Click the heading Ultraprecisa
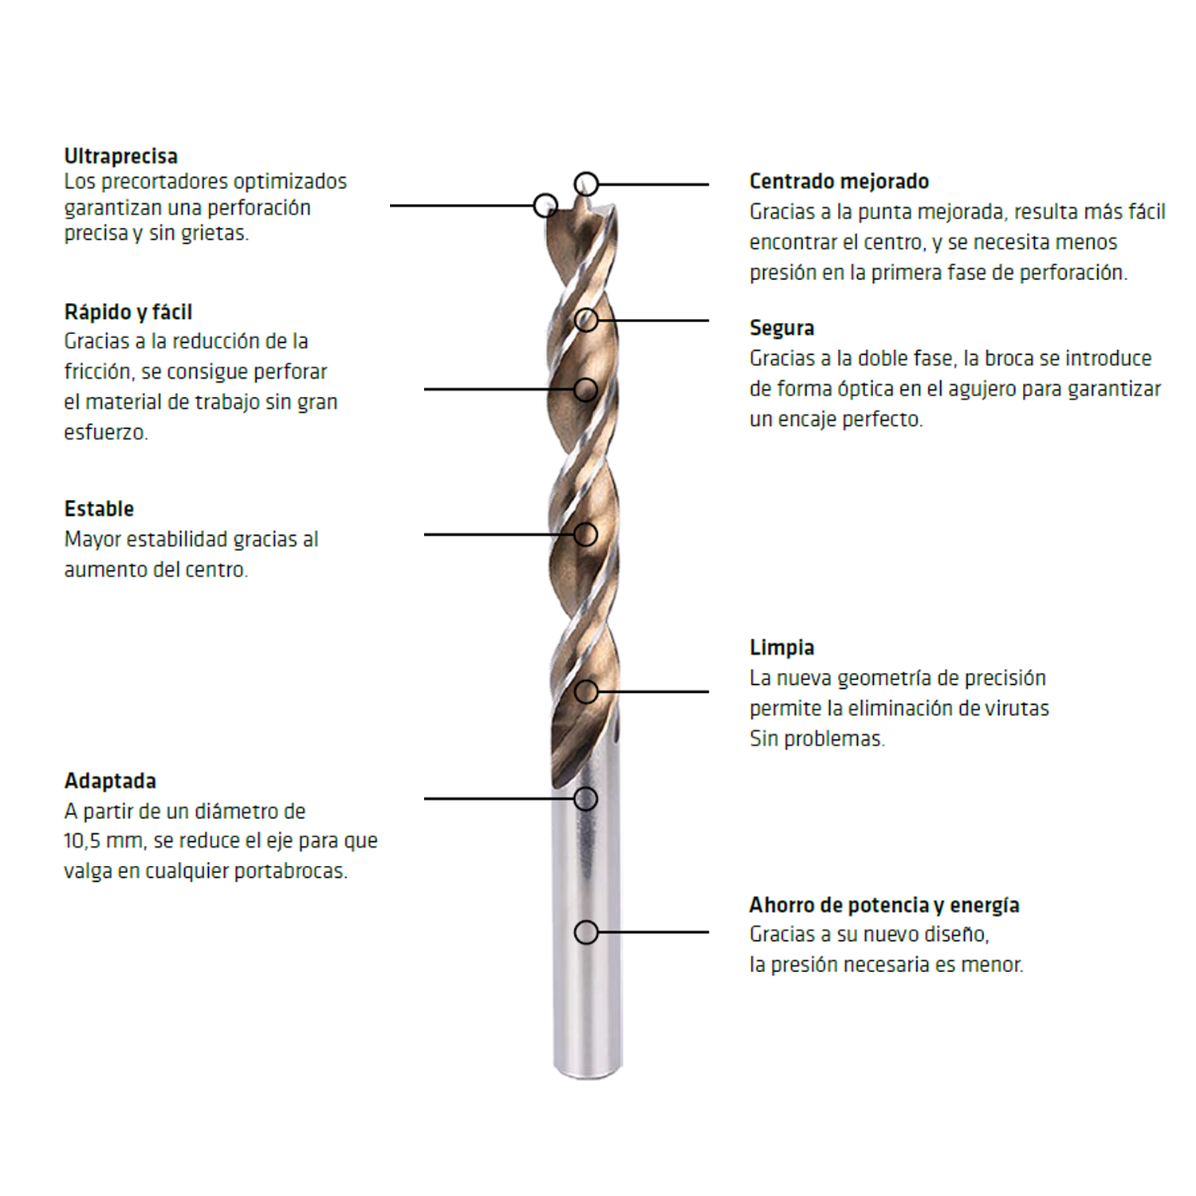pyautogui.click(x=120, y=156)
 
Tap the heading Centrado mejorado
pyautogui.click(x=839, y=182)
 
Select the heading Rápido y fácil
pyautogui.click(x=128, y=312)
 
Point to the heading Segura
pyautogui.click(x=781, y=328)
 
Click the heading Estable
pyautogui.click(x=99, y=509)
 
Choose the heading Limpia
pyautogui.click(x=781, y=647)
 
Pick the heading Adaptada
pyautogui.click(x=110, y=781)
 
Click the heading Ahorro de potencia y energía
pyautogui.click(x=883, y=905)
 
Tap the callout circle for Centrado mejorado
pyautogui.click(x=586, y=184)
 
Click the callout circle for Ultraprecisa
pyautogui.click(x=545, y=206)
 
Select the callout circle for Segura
pyautogui.click(x=586, y=321)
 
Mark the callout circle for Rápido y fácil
pyautogui.click(x=586, y=389)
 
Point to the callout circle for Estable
pyautogui.click(x=586, y=534)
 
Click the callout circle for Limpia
pyautogui.click(x=586, y=691)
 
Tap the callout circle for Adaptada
pyautogui.click(x=586, y=798)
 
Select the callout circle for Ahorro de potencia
pyautogui.click(x=586, y=932)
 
